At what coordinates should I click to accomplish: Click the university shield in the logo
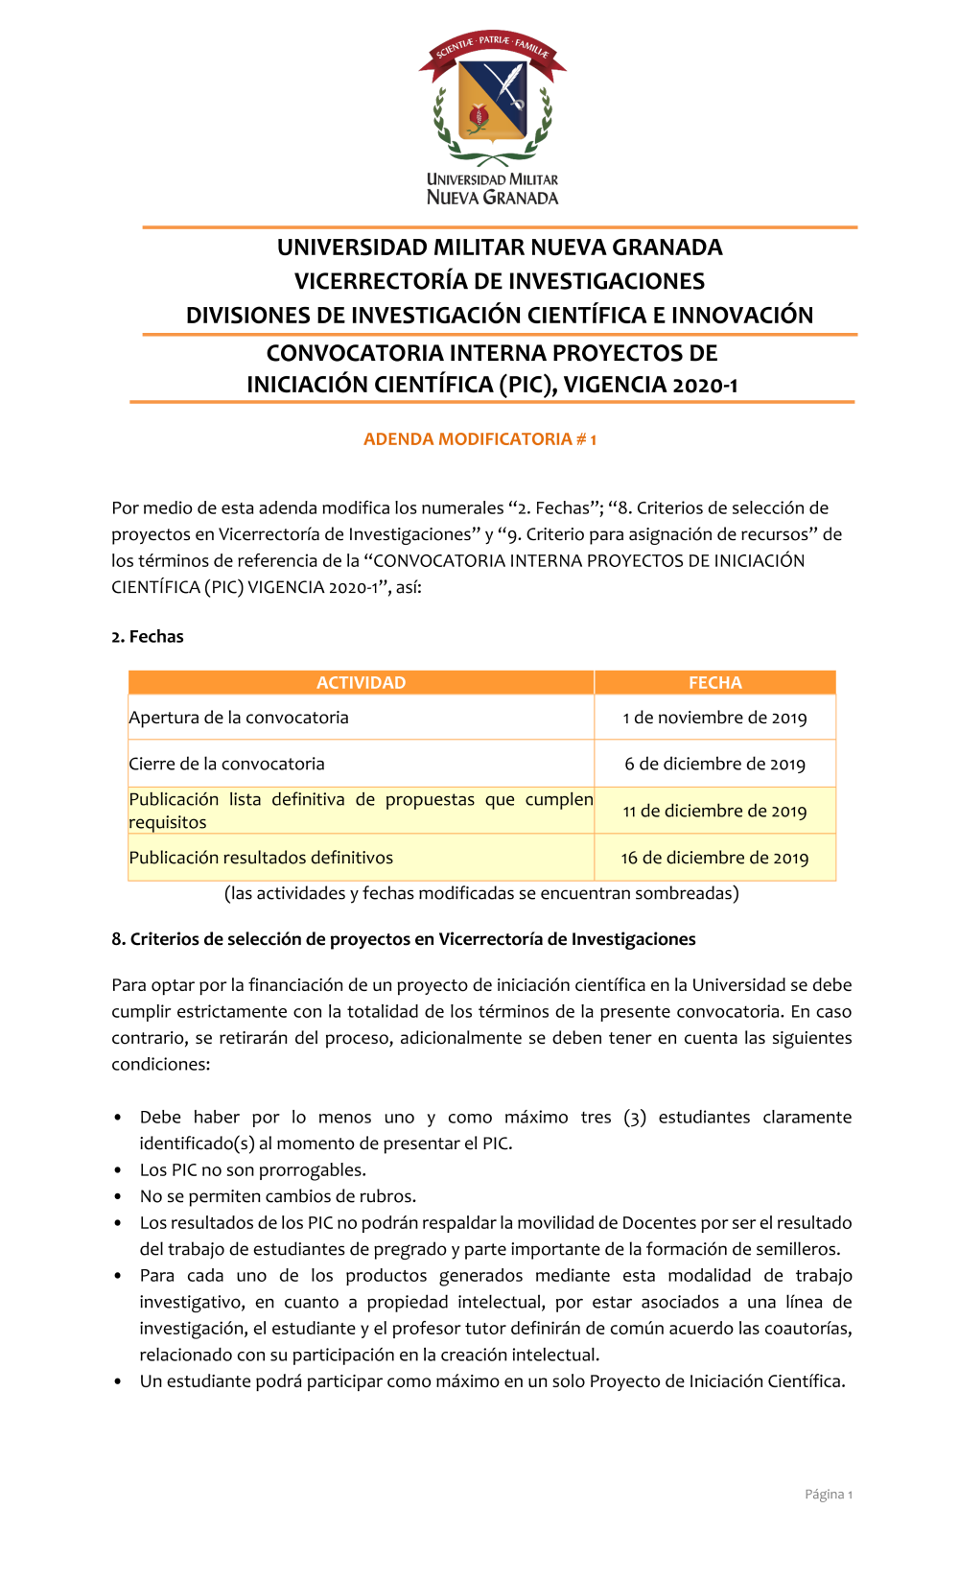coord(493,102)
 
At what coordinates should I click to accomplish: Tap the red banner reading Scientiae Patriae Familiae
coord(492,47)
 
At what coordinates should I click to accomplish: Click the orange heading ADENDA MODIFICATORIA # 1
coord(479,439)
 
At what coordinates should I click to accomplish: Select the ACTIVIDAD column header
coord(361,683)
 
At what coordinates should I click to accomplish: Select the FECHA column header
coord(714,683)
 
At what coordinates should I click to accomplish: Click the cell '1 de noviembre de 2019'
coord(714,718)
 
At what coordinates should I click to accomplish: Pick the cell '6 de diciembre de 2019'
coord(714,764)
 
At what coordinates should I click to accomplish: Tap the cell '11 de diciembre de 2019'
coord(714,811)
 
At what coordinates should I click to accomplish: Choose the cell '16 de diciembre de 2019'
coord(714,858)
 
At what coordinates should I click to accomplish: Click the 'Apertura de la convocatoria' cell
coord(239,718)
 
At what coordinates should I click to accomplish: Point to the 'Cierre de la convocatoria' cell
coord(227,764)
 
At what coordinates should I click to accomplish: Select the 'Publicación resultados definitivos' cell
coord(261,858)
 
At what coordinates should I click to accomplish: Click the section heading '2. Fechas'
coord(148,637)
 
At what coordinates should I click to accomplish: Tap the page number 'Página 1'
coord(828,1495)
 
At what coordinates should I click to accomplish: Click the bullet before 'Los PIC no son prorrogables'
coord(118,1170)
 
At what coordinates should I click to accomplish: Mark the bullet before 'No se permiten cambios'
coord(118,1197)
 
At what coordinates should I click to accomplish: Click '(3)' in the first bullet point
coord(634,1118)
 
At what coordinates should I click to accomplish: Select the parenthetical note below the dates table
coord(481,893)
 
